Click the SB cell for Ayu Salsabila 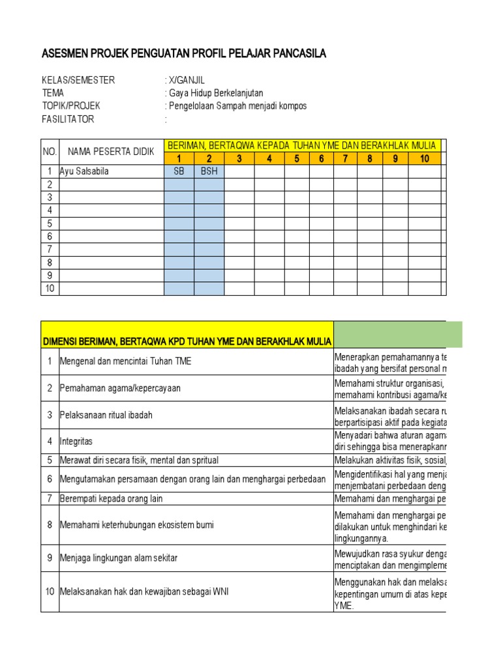(x=179, y=171)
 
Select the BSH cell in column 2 (x=209, y=171)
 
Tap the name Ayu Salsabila (x=85, y=171)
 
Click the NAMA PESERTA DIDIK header (x=111, y=152)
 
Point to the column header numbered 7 (x=346, y=158)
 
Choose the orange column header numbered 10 (x=425, y=158)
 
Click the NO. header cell (x=50, y=152)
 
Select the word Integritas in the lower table (x=76, y=441)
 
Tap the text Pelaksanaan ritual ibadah (x=106, y=415)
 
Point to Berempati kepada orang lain (x=111, y=498)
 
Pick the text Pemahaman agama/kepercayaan (x=120, y=388)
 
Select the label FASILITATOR (x=68, y=119)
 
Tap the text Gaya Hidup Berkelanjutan (x=216, y=93)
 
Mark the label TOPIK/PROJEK (x=71, y=106)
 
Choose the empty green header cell (x=398, y=334)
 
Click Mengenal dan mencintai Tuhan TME (x=125, y=361)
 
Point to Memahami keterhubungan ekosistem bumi (x=136, y=525)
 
